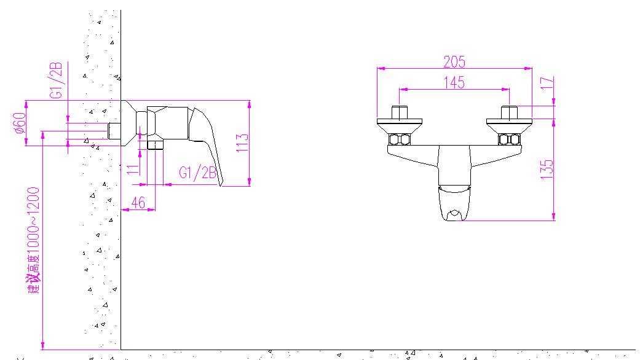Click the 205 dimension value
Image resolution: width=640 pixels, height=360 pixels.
454,61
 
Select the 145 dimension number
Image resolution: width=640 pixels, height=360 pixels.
454,82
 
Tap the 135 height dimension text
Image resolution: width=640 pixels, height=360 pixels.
547,170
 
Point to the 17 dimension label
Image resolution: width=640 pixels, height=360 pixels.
547,83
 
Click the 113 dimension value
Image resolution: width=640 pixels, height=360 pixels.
242,143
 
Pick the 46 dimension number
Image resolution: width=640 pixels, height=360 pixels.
138,202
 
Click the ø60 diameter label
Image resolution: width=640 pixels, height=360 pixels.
19,123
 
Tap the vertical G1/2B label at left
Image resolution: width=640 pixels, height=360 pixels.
56,80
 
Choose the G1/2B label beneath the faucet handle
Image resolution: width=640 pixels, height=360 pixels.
197,173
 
